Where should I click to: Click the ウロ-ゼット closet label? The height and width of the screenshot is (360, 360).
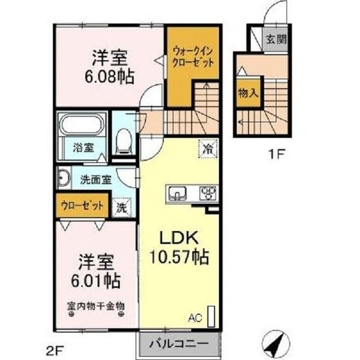pos(82,206)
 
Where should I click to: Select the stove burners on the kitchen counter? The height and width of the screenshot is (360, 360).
pos(209,195)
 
